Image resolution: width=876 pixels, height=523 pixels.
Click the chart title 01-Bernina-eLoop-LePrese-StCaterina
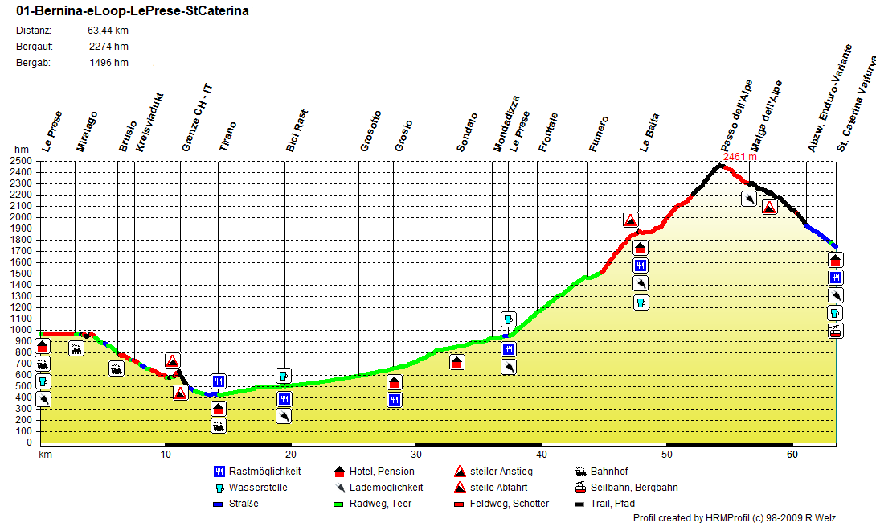tap(132, 11)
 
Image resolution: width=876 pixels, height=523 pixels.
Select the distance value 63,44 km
tap(108, 31)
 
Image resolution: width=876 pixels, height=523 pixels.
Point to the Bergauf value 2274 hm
tap(108, 47)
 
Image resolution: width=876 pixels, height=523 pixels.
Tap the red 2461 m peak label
tap(740, 157)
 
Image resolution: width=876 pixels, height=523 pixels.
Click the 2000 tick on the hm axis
tap(22, 217)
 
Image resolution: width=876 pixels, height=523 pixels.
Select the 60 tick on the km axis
tap(792, 455)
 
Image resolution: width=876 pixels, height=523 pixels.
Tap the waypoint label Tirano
tap(229, 136)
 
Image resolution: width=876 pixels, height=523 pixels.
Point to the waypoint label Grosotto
tap(370, 131)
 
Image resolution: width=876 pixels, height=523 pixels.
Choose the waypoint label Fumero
tap(599, 134)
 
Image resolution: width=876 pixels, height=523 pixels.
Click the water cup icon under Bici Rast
tap(284, 376)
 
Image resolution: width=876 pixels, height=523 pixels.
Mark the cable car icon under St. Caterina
tap(836, 331)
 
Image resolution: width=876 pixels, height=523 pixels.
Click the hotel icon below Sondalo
tap(456, 362)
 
